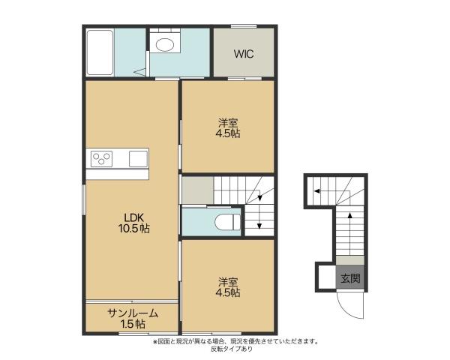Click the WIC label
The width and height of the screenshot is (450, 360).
coord(243,54)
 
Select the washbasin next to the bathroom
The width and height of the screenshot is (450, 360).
coord(163,44)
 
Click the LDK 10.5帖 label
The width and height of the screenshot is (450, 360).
coord(132,223)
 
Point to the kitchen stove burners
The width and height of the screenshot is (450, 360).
coord(102,159)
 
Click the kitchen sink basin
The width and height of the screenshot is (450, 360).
coord(139,159)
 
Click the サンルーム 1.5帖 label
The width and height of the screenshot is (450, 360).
coord(132,318)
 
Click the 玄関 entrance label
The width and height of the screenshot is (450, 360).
coord(350,279)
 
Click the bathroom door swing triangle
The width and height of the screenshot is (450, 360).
coord(139,71)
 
